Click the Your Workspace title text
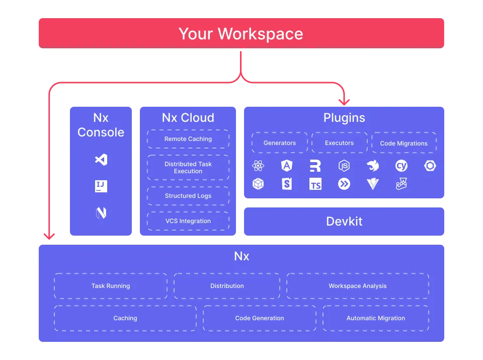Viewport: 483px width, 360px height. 241,34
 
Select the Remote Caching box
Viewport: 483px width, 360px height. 188,139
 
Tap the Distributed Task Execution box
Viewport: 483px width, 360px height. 188,168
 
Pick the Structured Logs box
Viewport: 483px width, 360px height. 188,196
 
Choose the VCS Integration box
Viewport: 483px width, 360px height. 188,221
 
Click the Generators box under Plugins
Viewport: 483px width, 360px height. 280,143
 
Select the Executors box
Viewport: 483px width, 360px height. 339,143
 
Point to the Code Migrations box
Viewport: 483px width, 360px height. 404,143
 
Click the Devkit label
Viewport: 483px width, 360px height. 344,222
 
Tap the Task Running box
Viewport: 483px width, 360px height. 111,286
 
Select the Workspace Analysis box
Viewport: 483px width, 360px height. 358,286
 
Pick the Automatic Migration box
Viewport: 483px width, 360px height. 376,318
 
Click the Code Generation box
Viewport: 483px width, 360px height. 260,318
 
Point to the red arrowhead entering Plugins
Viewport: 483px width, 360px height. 344,102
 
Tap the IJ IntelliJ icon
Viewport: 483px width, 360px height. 101,186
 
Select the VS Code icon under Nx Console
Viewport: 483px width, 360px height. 101,160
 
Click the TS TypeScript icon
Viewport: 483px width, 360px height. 315,184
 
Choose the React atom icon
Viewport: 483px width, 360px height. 258,166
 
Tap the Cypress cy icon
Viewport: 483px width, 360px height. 401,166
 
